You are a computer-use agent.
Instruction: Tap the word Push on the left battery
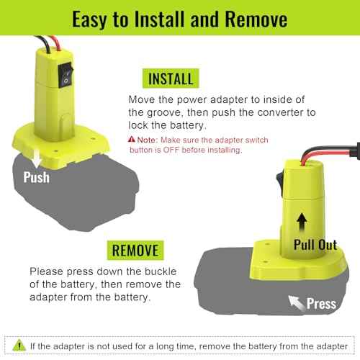[x=36, y=176]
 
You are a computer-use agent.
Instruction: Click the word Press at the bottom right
[x=321, y=303]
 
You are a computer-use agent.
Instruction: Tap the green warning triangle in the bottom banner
[x=17, y=346]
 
